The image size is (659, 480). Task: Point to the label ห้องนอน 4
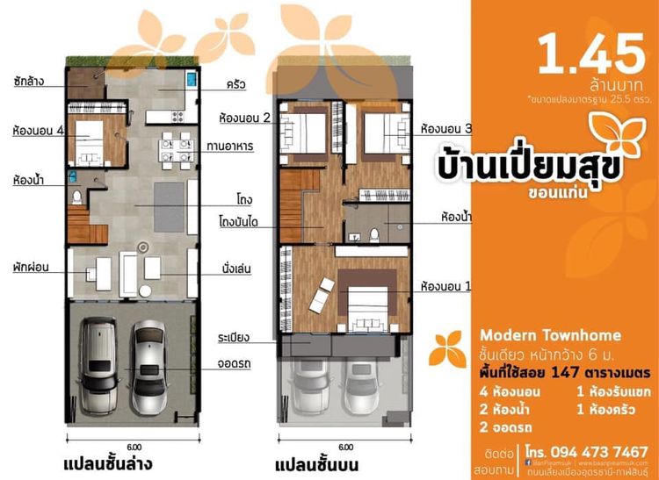click(36, 132)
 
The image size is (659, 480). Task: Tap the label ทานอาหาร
click(231, 147)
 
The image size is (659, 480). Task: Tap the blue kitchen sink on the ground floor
click(191, 80)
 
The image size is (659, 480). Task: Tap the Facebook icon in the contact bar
click(529, 455)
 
